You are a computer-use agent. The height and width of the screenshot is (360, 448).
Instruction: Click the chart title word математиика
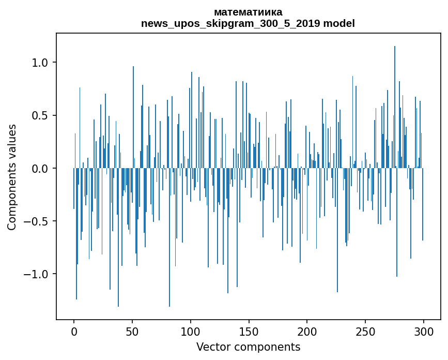[248, 12]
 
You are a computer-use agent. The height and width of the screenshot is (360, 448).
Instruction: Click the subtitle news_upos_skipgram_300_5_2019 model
[248, 23]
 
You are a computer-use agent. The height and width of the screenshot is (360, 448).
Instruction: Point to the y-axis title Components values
[12, 177]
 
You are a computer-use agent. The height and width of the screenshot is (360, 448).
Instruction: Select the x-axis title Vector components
[248, 347]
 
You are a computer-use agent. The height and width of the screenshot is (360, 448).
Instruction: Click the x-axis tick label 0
[74, 332]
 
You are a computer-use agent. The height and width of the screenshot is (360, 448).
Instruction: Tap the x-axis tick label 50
[132, 332]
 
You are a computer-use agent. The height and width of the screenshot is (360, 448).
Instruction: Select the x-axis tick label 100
[191, 332]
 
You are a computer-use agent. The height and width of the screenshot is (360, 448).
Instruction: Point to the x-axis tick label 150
[249, 332]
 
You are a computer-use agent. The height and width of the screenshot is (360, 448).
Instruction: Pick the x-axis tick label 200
[307, 332]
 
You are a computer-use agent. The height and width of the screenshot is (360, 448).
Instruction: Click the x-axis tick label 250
[365, 332]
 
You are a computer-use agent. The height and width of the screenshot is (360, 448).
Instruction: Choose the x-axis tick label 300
[424, 332]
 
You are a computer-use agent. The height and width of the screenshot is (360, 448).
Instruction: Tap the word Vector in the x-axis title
[211, 347]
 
